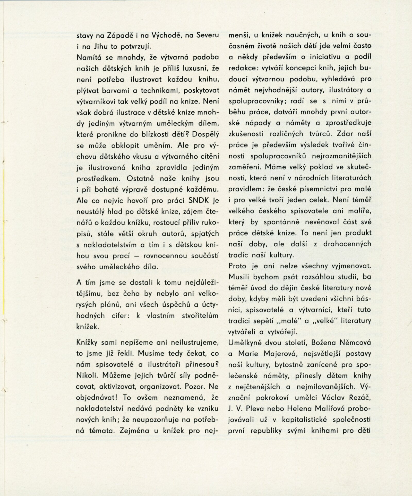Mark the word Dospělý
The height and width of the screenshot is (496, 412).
[205, 134]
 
